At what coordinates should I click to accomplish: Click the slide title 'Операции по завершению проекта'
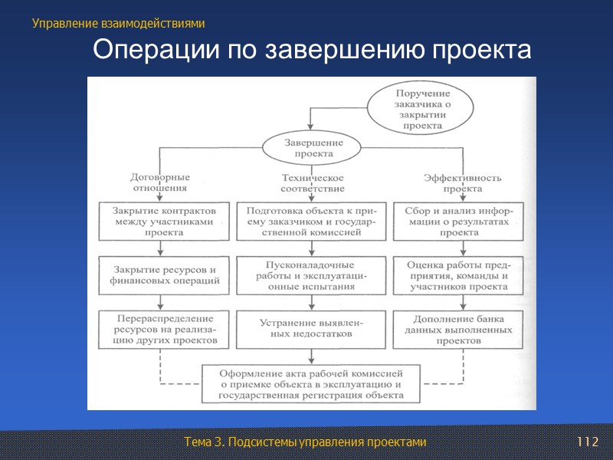pos(312,51)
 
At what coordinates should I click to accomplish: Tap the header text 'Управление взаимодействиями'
pos(119,24)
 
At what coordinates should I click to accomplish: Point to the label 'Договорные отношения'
pos(160,182)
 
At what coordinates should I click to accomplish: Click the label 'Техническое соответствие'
pos(313,182)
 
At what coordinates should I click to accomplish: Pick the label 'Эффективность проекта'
pos(463,182)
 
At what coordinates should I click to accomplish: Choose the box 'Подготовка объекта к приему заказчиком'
pos(312,221)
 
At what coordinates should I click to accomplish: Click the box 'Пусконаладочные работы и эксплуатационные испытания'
pos(312,275)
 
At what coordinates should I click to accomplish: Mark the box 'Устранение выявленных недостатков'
pos(312,328)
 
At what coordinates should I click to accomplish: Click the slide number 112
pos(586,442)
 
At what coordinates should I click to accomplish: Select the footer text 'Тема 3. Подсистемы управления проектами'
pos(305,442)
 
